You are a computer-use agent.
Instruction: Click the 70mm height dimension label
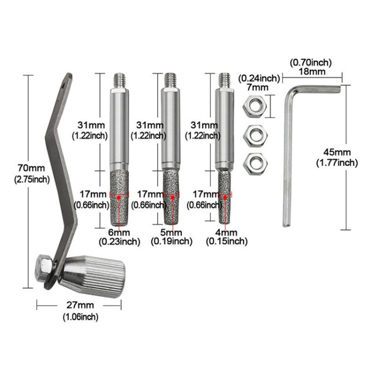pos(30,168)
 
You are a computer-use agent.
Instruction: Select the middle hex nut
pos(251,135)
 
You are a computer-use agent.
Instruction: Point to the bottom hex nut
pos(251,163)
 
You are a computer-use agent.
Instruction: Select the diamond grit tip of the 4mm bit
pos(224,196)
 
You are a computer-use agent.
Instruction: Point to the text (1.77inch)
pos(336,162)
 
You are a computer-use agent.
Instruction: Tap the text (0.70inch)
pos(311,62)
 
